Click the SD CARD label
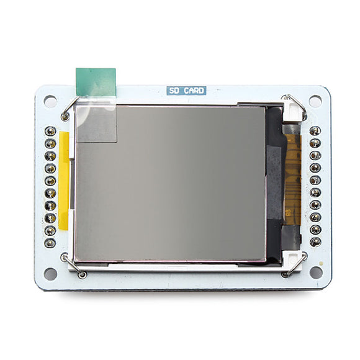186,91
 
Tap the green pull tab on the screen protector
96,82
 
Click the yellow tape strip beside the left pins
63,181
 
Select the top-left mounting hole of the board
50,101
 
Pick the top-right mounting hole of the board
315,101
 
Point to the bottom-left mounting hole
50,274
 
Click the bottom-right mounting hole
316,272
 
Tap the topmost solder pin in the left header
50,132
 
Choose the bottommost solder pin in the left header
50,243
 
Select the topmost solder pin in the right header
315,131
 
